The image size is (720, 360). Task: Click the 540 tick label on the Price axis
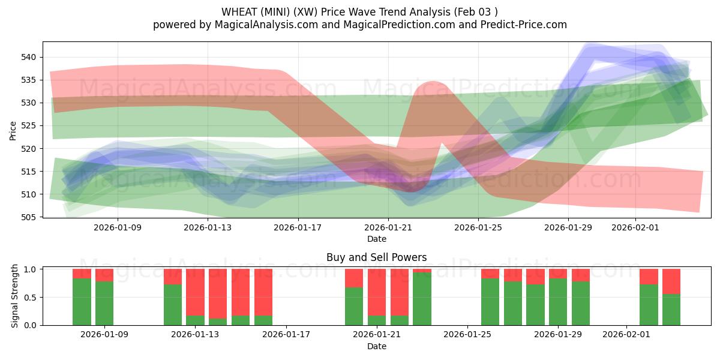click(30, 57)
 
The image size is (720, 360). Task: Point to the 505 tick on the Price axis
click(30, 217)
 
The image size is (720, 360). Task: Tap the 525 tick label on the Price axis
click(30, 125)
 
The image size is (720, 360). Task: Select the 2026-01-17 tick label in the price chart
click(298, 227)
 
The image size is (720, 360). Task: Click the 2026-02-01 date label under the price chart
click(635, 227)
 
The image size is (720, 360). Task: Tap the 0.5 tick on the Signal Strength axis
click(32, 297)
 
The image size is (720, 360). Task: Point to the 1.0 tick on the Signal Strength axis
click(32, 269)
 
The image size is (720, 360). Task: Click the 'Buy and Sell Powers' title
click(376, 257)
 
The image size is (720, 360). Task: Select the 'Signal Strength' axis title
click(14, 297)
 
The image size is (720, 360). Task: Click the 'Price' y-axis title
click(13, 130)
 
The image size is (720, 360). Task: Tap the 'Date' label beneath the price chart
click(376, 239)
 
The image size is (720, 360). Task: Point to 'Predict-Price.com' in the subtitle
click(521, 25)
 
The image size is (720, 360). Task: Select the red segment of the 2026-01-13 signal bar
click(195, 292)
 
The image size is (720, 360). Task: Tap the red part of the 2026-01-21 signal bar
click(377, 292)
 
